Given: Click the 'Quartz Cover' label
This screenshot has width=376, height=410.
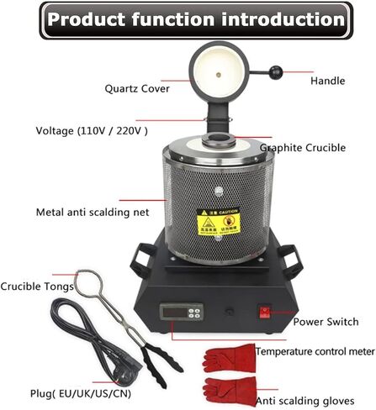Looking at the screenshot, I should (x=137, y=87).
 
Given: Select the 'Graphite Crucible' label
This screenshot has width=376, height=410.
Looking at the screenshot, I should (x=302, y=148).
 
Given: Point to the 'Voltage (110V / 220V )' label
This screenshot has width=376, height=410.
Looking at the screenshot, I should (x=92, y=130).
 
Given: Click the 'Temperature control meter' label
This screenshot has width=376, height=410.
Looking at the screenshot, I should (x=315, y=350).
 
